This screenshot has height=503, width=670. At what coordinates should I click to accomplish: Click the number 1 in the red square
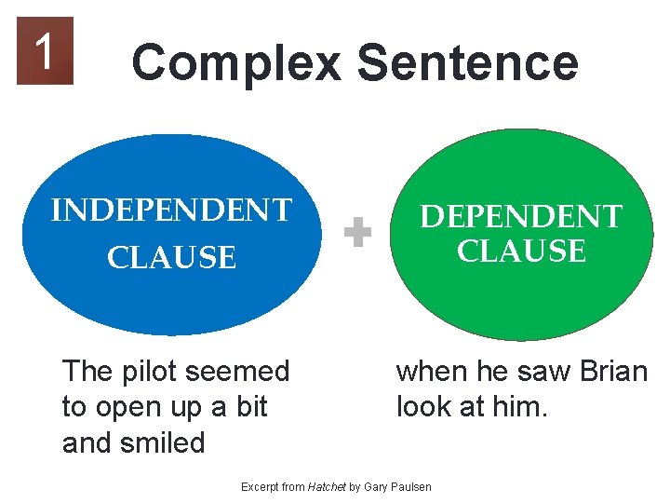44,50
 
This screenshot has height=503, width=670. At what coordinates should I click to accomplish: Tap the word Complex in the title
236,63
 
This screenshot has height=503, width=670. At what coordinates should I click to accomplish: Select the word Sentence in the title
467,63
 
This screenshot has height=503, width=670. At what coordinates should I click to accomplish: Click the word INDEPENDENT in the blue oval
171,211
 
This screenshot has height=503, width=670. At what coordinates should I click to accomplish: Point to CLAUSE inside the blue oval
172,257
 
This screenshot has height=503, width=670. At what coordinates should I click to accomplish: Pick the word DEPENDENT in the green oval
520,216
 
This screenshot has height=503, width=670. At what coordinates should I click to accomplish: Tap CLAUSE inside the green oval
521,251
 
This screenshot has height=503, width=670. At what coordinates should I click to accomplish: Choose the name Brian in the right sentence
612,372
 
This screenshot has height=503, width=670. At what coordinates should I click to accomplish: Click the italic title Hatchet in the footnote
327,487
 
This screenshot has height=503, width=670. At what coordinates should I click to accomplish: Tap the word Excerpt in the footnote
261,487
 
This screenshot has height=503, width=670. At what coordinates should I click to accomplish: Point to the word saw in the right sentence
543,372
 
